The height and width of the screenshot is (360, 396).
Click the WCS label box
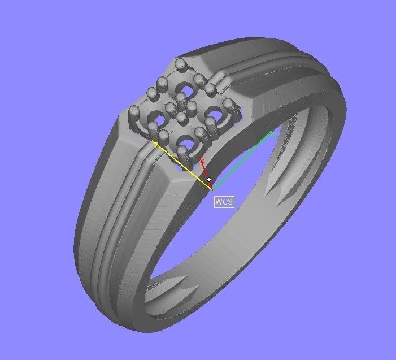click(224, 202)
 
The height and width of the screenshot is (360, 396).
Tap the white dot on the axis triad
click(209, 180)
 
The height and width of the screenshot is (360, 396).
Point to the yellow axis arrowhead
click(155, 144)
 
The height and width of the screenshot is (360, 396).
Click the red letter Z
click(202, 162)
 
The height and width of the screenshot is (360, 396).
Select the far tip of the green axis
click(273, 133)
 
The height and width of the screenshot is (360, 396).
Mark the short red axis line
click(205, 171)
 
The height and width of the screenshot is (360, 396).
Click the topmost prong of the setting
click(181, 66)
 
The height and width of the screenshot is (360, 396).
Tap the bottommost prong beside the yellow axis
click(183, 154)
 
